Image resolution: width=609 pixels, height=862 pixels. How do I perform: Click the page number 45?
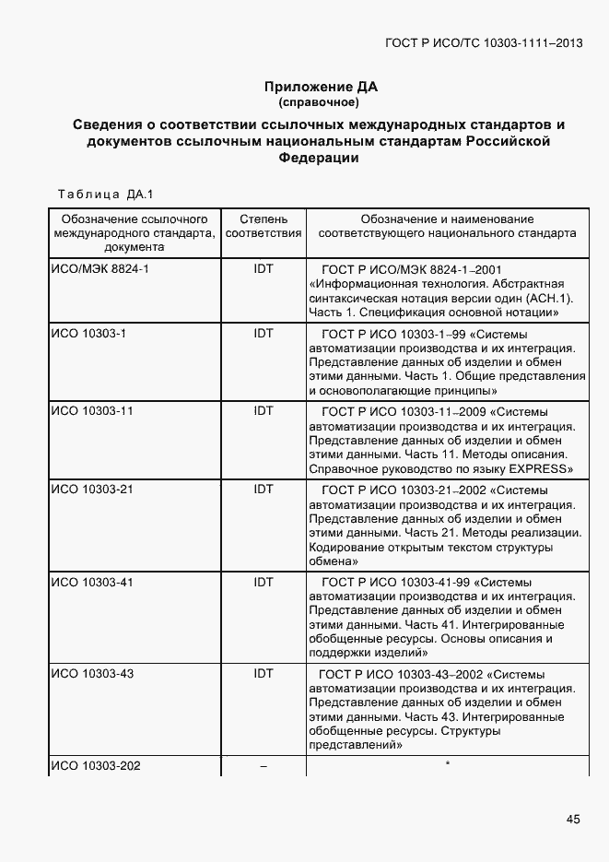click(573, 819)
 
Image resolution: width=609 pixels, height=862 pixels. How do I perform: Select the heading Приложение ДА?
click(321, 87)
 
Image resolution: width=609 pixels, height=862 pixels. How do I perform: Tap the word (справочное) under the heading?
click(319, 102)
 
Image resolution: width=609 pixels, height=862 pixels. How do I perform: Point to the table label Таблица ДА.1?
click(104, 195)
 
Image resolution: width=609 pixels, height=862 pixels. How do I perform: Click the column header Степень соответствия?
click(264, 226)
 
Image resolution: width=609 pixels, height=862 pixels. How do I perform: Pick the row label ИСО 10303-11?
click(91, 410)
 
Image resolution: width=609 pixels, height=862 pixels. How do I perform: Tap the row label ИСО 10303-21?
click(91, 489)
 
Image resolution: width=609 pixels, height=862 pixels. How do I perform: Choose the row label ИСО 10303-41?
click(91, 582)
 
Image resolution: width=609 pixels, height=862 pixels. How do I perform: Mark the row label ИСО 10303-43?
click(91, 674)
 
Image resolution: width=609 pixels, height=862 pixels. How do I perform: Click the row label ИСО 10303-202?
click(95, 766)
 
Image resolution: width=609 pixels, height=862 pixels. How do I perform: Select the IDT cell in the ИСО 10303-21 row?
click(264, 489)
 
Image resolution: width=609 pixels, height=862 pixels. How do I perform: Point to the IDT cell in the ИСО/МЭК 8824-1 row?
click(264, 268)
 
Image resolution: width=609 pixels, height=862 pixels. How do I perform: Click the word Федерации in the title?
click(319, 158)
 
